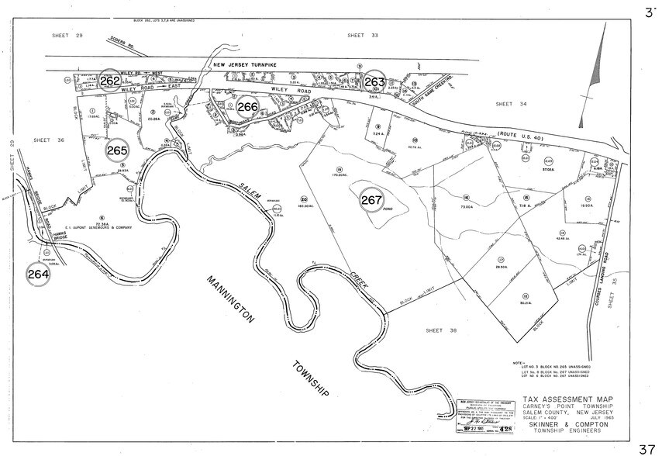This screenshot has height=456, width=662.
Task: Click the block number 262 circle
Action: tap(109, 81)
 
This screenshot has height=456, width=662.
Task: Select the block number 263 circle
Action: tap(374, 81)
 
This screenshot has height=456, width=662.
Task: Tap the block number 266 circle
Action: tap(248, 107)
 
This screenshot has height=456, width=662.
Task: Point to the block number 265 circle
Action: tap(118, 150)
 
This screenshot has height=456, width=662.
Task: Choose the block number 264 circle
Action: tap(37, 274)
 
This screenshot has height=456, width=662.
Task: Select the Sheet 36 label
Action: tap(48, 140)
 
